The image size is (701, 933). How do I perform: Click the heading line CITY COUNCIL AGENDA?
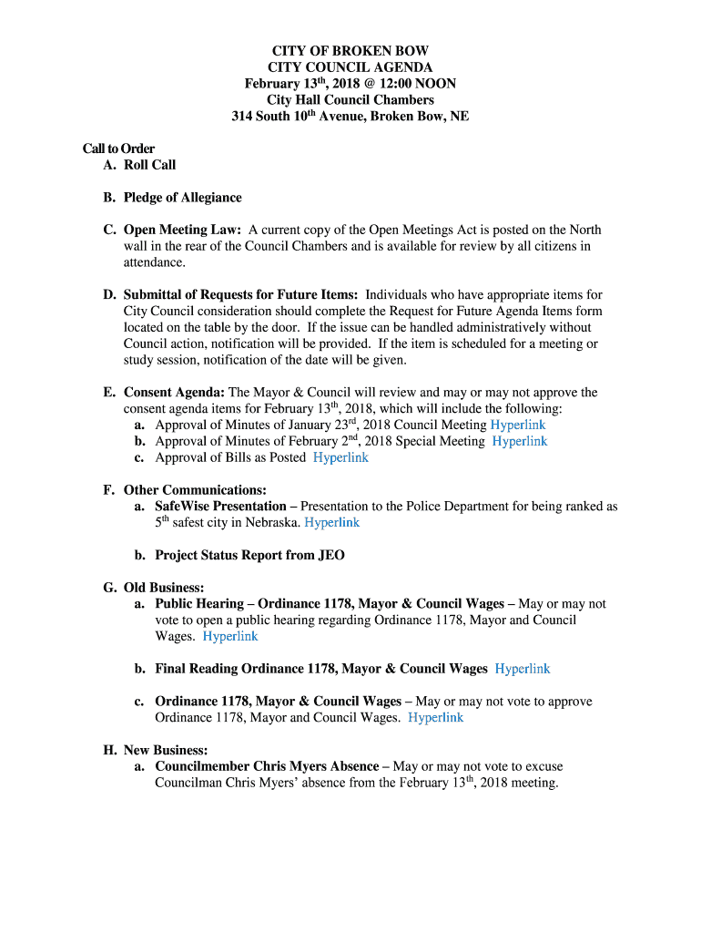pos(350,67)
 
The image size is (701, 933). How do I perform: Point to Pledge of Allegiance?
pos(182,198)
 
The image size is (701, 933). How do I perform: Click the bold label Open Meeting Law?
pos(182,230)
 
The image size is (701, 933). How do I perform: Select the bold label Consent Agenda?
pos(174,393)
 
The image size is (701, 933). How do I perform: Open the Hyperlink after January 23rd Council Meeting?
pos(518,425)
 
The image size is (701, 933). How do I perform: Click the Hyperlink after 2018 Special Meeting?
pos(520,441)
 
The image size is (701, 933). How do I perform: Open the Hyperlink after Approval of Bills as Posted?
pos(340,457)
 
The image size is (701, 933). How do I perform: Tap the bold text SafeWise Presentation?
pos(220,506)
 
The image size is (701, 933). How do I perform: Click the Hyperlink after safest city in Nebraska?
pos(331,522)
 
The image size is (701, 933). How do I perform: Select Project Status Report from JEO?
pos(249,555)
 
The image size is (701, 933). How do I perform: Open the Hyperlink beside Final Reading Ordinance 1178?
pos(523,669)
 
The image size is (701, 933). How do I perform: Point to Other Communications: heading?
pos(195,490)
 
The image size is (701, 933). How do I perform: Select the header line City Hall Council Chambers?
pos(350,100)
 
